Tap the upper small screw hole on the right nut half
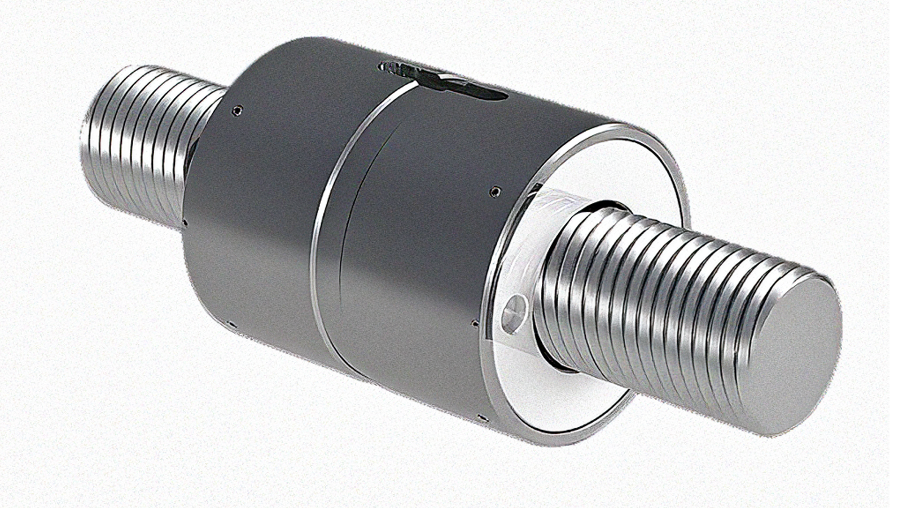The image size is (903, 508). coord(495,192)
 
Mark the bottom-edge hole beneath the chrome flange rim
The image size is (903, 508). coord(481,418)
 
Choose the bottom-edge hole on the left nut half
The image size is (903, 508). coord(230,323)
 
